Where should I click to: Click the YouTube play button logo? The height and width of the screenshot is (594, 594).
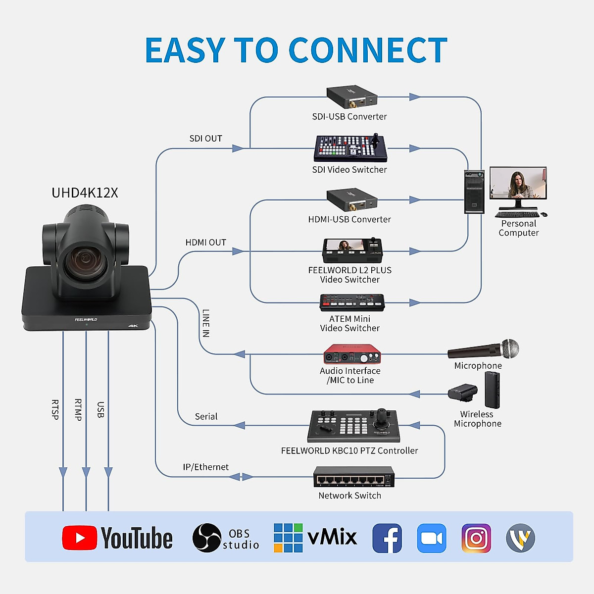click(79, 538)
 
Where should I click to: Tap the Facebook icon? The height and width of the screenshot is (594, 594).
click(387, 538)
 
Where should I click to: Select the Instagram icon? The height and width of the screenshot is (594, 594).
click(476, 538)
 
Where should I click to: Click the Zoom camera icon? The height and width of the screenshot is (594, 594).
click(432, 538)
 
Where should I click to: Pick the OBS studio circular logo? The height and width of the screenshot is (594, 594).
click(206, 538)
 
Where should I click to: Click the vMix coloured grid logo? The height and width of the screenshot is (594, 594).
click(288, 538)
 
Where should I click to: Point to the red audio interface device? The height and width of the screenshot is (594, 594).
click(352, 355)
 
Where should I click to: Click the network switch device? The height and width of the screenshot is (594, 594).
click(353, 477)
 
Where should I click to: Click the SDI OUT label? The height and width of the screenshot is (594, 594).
click(206, 139)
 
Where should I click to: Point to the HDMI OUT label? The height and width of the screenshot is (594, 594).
click(206, 243)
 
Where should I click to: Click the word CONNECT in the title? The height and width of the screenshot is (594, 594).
click(367, 50)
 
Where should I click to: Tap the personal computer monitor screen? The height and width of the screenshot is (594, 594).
click(518, 183)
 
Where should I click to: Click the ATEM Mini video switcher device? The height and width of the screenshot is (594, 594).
click(352, 302)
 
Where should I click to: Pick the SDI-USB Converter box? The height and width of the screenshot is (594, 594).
click(352, 97)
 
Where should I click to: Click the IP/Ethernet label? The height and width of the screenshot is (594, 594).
click(206, 467)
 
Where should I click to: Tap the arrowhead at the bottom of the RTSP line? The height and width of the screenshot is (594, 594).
click(63, 473)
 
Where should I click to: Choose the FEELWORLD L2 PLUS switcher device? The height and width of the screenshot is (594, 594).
click(352, 251)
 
